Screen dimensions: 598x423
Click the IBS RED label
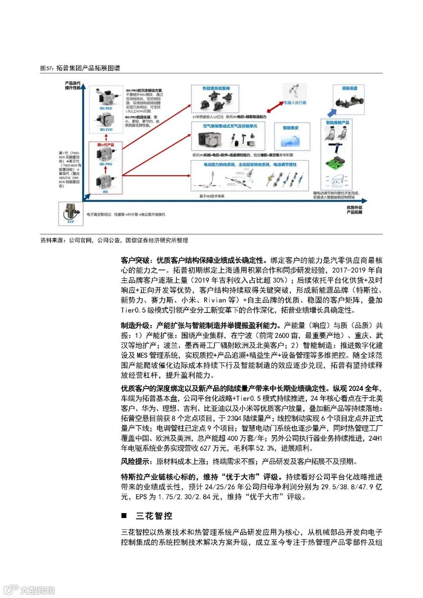click(105, 108)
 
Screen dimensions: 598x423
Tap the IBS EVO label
click(105, 130)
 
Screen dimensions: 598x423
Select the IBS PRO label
click(105, 164)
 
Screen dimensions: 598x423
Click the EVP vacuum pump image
click(70, 212)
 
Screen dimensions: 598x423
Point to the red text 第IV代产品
click(105, 145)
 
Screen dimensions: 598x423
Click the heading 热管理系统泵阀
click(216, 89)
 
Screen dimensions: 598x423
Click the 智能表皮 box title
click(291, 128)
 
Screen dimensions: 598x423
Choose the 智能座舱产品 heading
click(337, 123)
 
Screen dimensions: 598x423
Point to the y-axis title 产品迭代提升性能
click(72, 85)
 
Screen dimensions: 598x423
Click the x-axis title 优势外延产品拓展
click(354, 210)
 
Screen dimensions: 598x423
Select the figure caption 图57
click(80, 68)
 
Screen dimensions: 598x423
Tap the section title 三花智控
click(154, 516)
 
